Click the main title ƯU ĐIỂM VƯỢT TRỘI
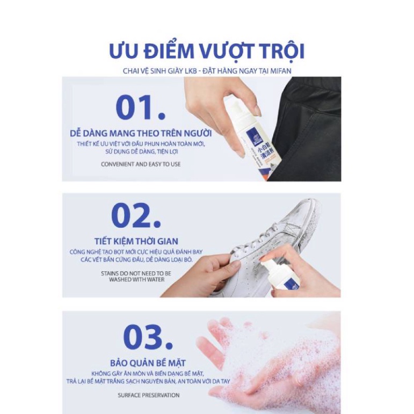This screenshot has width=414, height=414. coord(207,50)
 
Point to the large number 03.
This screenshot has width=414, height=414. coord(148,337)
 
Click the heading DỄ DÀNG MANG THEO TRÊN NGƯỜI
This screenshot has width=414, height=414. coord(141,133)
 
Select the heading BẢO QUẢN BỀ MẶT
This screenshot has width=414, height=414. coord(148,362)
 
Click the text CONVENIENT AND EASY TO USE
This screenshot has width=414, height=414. coord(141,164)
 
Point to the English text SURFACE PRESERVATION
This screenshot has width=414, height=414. coord(149,395)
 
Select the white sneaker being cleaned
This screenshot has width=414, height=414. coord(268,236)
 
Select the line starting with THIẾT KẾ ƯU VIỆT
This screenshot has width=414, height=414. coord(141,145)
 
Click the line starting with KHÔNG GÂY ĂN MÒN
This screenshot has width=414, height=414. coord(148,373)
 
